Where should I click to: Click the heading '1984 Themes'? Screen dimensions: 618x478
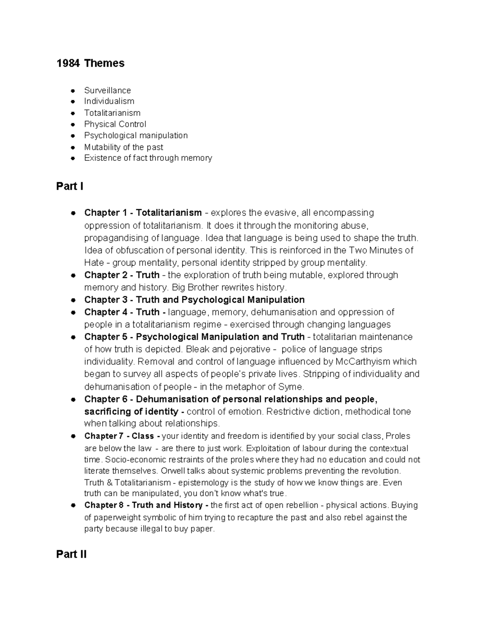click(90, 63)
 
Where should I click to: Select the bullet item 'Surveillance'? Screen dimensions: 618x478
click(107, 90)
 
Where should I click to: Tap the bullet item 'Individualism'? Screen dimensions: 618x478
click(109, 101)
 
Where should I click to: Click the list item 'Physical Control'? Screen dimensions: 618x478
click(115, 124)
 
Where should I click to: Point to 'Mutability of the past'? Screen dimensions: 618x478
click(123, 147)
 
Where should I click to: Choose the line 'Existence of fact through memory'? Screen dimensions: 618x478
click(148, 158)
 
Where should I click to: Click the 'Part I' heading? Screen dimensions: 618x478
click(70, 186)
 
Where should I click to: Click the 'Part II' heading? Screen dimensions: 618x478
click(71, 554)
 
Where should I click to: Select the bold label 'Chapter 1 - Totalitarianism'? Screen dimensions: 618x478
click(143, 213)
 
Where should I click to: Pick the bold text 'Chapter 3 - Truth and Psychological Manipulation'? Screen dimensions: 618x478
click(194, 300)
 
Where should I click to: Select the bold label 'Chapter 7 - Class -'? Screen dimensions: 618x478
click(122, 436)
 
